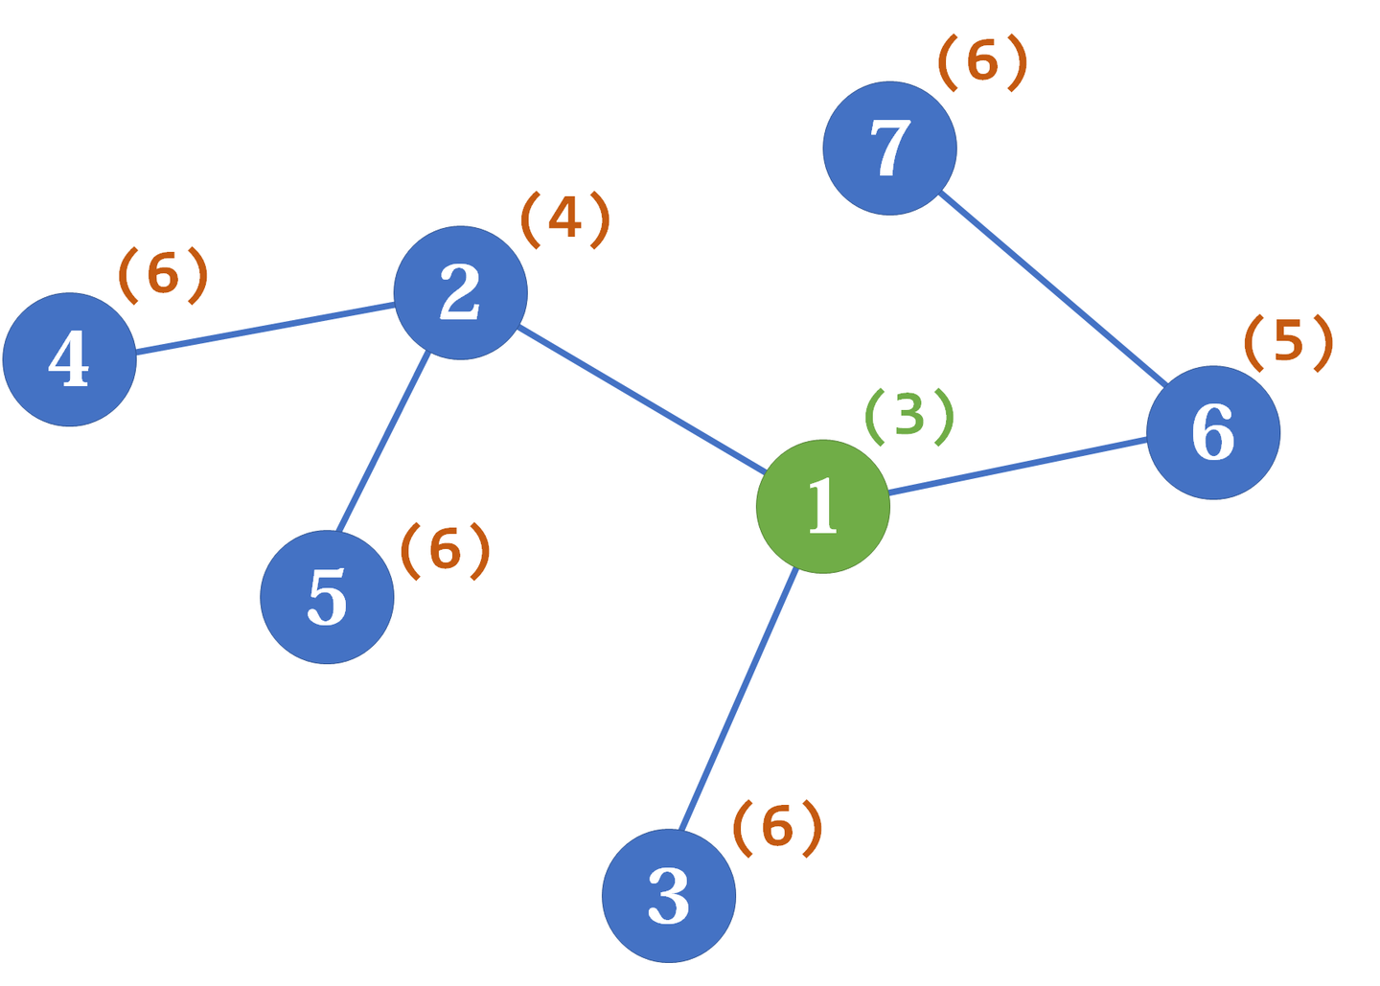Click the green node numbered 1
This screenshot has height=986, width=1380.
(x=822, y=506)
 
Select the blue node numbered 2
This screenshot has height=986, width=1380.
(x=460, y=292)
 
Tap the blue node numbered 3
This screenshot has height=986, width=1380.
(x=668, y=895)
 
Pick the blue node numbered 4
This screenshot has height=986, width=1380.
(x=69, y=359)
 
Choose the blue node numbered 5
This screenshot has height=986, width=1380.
(x=327, y=596)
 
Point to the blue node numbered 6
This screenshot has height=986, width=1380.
(x=1212, y=432)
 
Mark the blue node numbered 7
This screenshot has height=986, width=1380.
(x=889, y=149)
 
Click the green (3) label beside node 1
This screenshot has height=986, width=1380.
(x=908, y=416)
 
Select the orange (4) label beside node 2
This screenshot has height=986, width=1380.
(x=564, y=218)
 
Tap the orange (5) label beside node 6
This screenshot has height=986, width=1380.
(x=1288, y=342)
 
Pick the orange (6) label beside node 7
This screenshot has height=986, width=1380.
(x=982, y=62)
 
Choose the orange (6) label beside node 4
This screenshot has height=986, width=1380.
(x=163, y=275)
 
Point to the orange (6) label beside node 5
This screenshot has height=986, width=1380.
(x=445, y=550)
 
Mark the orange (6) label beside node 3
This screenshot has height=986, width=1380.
(x=777, y=827)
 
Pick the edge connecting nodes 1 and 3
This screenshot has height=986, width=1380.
(x=738, y=699)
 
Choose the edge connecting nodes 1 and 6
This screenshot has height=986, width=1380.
(x=1018, y=467)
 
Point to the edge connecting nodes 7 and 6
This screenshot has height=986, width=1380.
(x=1052, y=288)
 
